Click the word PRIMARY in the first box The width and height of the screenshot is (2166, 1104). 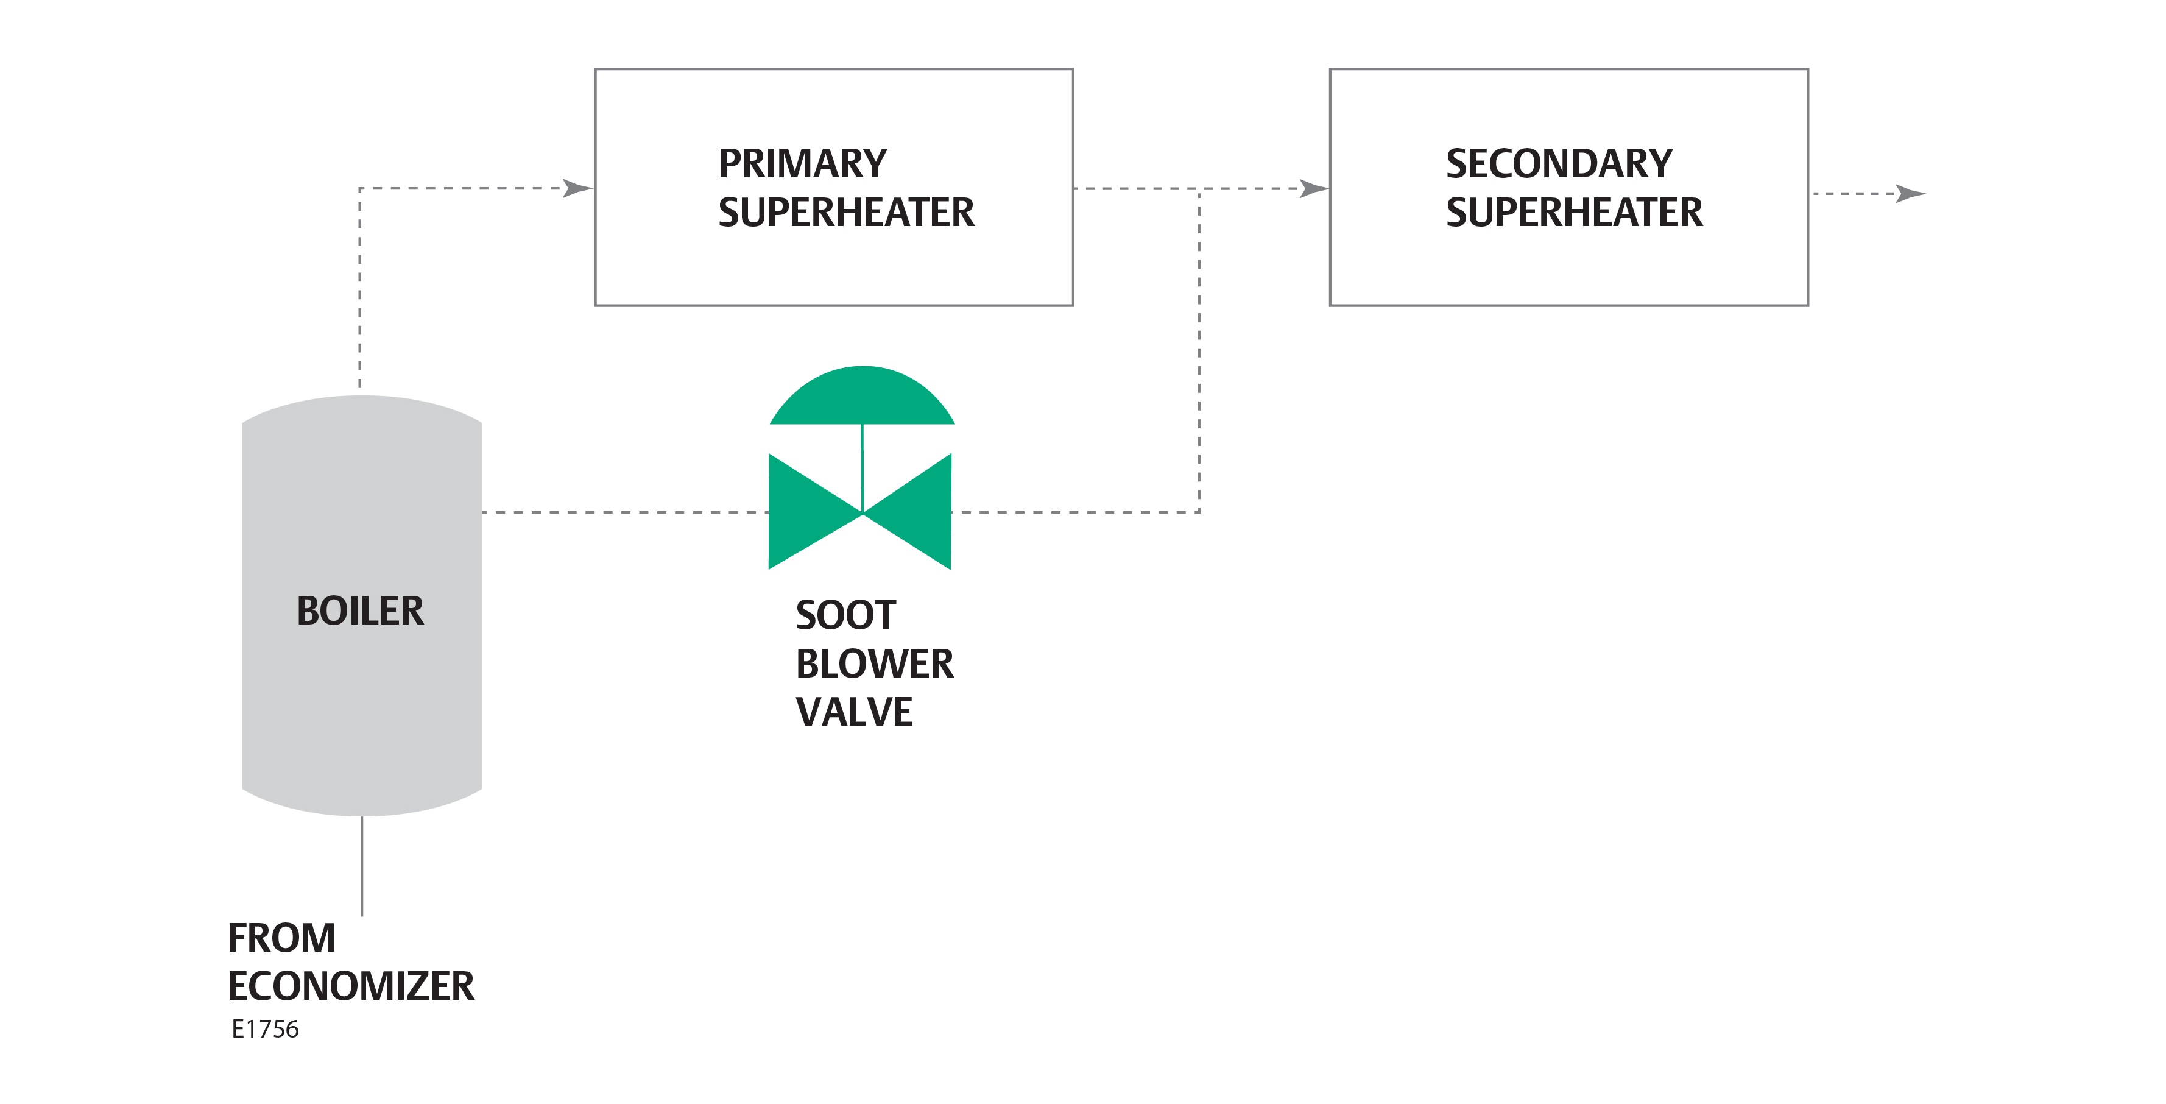pyautogui.click(x=802, y=164)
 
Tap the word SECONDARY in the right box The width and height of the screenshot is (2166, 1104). pyautogui.click(x=1559, y=164)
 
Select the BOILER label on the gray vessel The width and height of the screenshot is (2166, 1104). pyautogui.click(x=360, y=610)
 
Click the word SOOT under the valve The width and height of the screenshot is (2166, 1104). pyautogui.click(x=845, y=615)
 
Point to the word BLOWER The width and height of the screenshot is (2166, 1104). pyautogui.click(x=875, y=664)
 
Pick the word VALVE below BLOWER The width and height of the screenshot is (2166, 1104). pyautogui.click(x=853, y=712)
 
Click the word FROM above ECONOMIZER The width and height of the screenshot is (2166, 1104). pyautogui.click(x=281, y=938)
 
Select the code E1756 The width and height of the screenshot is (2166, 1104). pyautogui.click(x=265, y=1029)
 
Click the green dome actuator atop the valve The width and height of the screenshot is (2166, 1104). pyautogui.click(x=862, y=400)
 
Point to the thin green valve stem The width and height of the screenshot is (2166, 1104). pyautogui.click(x=862, y=462)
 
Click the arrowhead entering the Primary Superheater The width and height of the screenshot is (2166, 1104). pyautogui.click(x=579, y=188)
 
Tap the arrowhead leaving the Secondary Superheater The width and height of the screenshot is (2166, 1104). pyautogui.click(x=1910, y=194)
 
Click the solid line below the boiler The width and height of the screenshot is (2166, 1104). pyautogui.click(x=362, y=866)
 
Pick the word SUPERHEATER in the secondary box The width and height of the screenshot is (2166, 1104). pyautogui.click(x=1574, y=213)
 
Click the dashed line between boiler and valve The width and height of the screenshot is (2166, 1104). pyautogui.click(x=623, y=512)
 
